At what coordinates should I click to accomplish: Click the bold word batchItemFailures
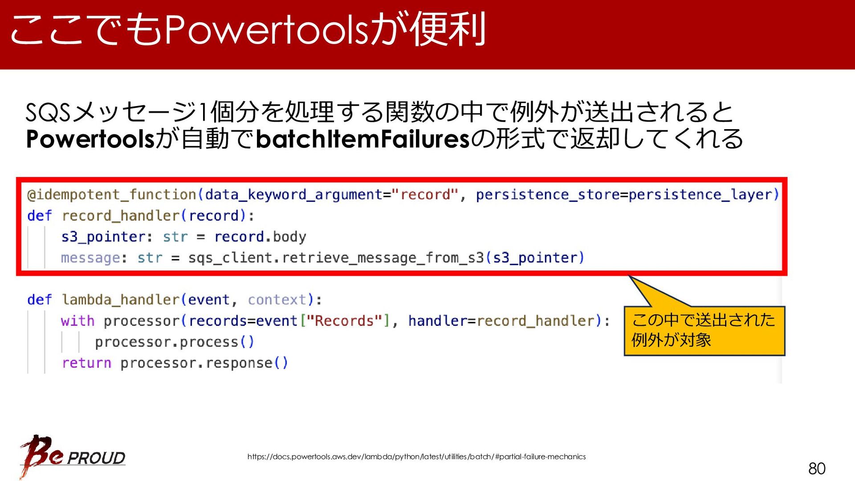(363, 139)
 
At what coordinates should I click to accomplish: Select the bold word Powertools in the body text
(90, 139)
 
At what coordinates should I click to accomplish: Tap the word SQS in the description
(48, 112)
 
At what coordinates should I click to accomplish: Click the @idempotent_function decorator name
(112, 195)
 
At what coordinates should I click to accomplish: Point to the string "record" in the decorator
(425, 194)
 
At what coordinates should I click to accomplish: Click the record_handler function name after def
(121, 216)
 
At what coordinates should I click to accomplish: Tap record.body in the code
(261, 237)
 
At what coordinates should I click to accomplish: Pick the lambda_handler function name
(121, 300)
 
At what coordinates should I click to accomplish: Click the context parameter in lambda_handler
(277, 300)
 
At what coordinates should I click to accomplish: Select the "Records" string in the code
(344, 321)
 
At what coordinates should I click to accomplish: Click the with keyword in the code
(78, 321)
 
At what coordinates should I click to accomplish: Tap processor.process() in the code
(175, 342)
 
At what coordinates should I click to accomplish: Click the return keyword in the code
(86, 363)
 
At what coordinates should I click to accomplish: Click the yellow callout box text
(703, 330)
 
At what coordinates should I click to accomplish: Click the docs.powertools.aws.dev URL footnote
(416, 457)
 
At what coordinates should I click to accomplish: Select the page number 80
(817, 469)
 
